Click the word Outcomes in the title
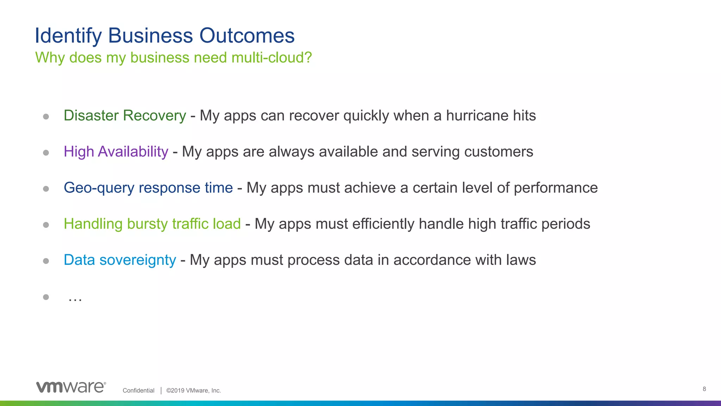[247, 36]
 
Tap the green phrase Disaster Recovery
[125, 115]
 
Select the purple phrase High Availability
[116, 152]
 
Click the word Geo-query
[99, 188]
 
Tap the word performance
[556, 188]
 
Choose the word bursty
[147, 224]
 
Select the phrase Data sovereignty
[120, 260]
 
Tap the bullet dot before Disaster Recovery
[46, 117]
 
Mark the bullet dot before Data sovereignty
[46, 261]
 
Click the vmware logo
[71, 387]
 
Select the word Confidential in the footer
[138, 391]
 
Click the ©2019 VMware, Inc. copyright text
[193, 391]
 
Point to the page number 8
[704, 389]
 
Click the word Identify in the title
[68, 36]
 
